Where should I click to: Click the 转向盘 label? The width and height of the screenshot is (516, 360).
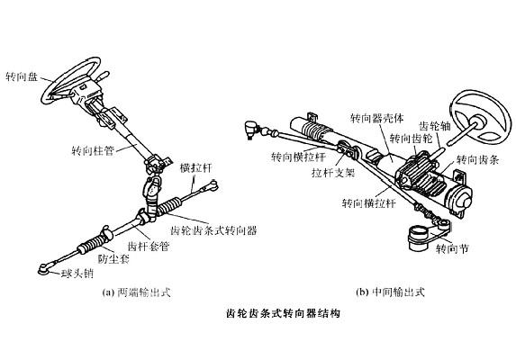22,77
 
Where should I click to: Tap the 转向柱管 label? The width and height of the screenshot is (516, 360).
93,151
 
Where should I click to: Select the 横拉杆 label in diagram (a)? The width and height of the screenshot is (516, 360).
195,167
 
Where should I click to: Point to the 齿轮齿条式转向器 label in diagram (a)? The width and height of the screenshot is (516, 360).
213,230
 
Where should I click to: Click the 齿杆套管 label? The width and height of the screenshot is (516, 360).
148,247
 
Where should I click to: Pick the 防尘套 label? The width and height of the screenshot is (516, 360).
113,258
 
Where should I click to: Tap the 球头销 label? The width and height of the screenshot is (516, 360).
77,274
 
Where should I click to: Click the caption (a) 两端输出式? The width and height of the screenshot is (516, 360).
137,292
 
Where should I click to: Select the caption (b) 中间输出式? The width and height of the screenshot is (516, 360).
390,292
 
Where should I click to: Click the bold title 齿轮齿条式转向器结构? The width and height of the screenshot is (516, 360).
283,313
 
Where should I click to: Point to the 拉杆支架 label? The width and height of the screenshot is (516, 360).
333,173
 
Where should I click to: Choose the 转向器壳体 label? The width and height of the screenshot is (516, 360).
376,119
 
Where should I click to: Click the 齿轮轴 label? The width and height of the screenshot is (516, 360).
434,126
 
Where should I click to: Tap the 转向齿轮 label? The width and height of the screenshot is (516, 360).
411,139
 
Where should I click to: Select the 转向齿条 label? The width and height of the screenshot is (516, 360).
478,160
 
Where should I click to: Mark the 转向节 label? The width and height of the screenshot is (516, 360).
452,249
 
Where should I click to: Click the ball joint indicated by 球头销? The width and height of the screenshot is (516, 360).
44,269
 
